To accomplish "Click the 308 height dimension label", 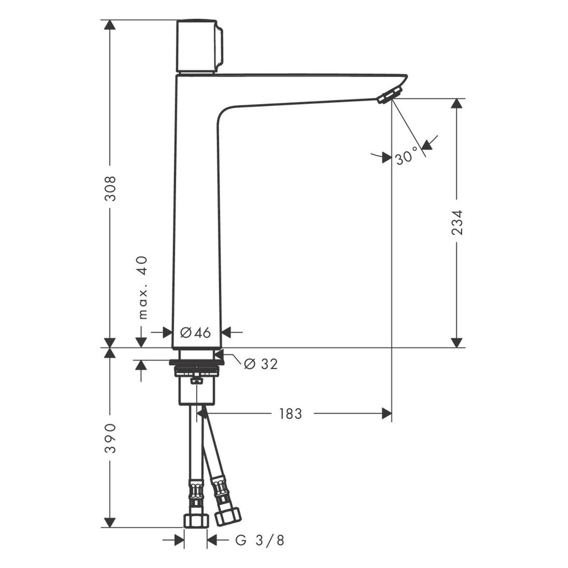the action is (111, 189).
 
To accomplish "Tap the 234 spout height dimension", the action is (457, 222).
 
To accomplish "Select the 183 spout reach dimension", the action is (291, 414).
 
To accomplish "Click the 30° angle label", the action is (407, 156).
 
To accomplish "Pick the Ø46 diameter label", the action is (195, 333).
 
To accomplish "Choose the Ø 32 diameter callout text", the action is (261, 365).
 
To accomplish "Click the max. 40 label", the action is (143, 288).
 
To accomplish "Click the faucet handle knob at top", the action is (200, 47).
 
